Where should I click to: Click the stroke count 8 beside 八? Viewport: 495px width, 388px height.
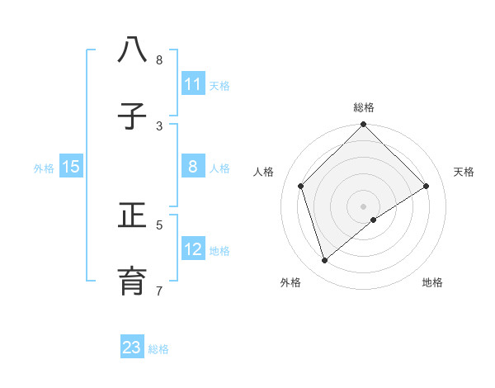coord(159,60)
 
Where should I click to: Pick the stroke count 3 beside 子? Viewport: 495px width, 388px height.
coord(159,125)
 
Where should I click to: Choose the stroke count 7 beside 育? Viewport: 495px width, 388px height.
coord(159,291)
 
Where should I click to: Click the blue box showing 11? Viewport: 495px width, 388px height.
coord(193,84)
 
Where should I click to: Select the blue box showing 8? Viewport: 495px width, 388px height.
coord(193,167)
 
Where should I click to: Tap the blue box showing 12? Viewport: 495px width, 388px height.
coord(193,249)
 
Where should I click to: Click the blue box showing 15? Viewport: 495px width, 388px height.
coord(71,167)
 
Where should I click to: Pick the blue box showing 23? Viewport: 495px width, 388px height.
coord(132,348)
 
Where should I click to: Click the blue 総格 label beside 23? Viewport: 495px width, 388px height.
coord(158,349)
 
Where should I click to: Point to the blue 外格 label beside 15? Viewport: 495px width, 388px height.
coord(44,168)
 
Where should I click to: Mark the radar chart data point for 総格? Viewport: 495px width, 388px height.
coord(363,125)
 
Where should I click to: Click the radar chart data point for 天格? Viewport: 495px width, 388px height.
coord(427,186)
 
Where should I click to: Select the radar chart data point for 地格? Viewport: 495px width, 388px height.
coord(374,220)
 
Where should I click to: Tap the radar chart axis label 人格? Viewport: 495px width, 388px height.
coord(263,172)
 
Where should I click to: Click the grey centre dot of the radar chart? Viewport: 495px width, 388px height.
coord(363,206)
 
